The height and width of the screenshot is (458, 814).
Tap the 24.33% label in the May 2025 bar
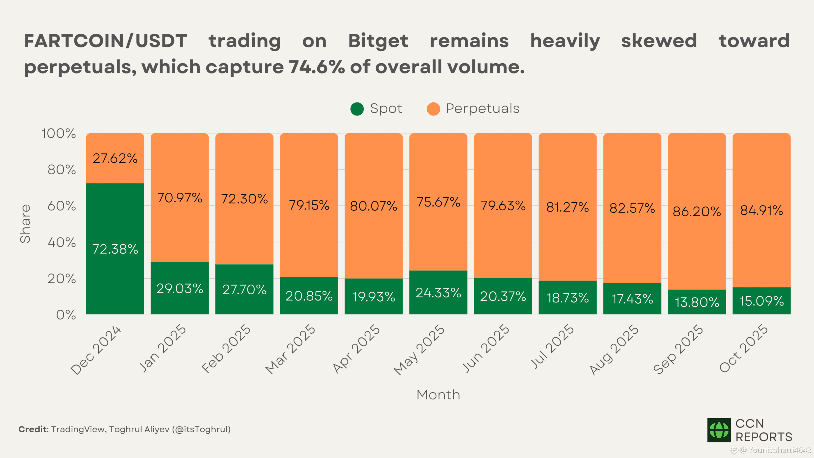coord(438,293)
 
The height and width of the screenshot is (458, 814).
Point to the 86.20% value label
coord(697,212)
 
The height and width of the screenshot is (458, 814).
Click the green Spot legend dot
coord(357,109)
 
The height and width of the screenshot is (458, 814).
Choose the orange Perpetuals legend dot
coord(433,109)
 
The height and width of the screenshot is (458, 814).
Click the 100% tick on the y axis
coord(59,134)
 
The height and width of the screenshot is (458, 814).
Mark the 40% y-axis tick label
coord(62,243)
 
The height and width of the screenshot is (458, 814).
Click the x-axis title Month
coord(438,395)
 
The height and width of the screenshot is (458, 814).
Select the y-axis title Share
coord(25,224)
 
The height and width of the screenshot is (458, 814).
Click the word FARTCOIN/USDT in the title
coord(106,41)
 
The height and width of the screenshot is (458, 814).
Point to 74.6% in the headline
coord(317,67)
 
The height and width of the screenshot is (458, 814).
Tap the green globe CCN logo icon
coord(719,430)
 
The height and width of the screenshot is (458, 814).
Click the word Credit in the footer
coord(33,429)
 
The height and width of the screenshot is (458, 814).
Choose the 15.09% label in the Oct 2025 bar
coord(762,301)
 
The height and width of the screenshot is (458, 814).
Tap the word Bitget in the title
coord(378,41)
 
